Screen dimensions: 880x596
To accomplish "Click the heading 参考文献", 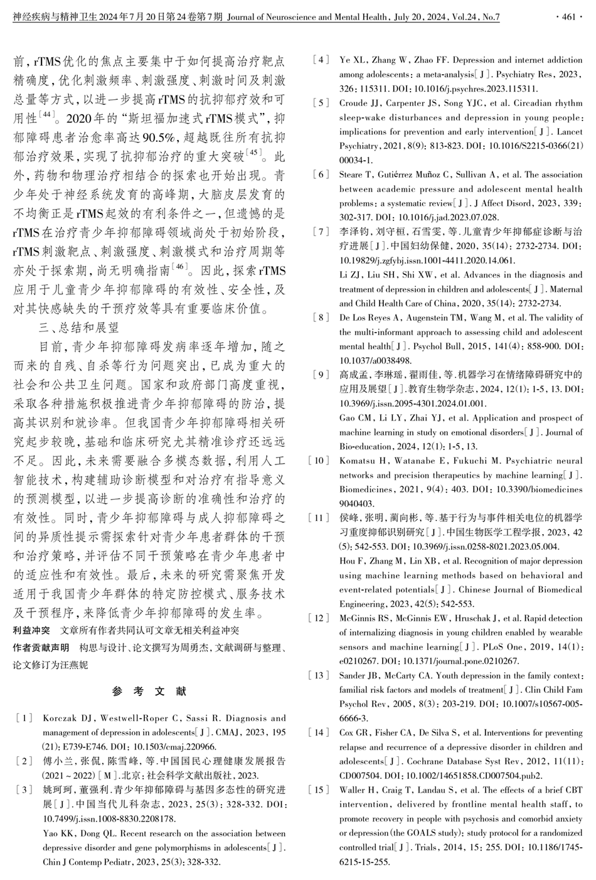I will (x=149, y=692).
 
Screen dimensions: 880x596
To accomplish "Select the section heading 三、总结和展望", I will (x=78, y=327).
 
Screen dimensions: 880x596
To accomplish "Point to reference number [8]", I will (x=321, y=317).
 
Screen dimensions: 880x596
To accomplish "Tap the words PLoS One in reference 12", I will (x=499, y=647).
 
